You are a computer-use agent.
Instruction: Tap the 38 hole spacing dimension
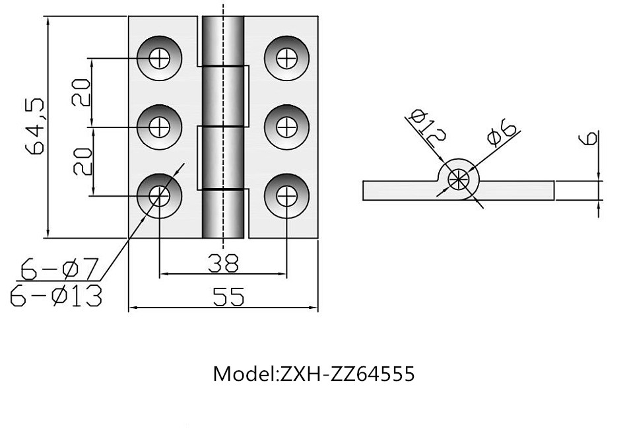point(223,263)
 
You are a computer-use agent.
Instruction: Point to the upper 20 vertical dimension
point(81,92)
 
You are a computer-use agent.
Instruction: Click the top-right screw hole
point(286,58)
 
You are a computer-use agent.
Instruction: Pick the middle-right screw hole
point(286,126)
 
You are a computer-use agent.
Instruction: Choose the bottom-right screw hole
point(286,195)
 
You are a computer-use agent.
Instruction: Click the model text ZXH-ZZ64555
point(313,374)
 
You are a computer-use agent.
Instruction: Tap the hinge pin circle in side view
point(457,178)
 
